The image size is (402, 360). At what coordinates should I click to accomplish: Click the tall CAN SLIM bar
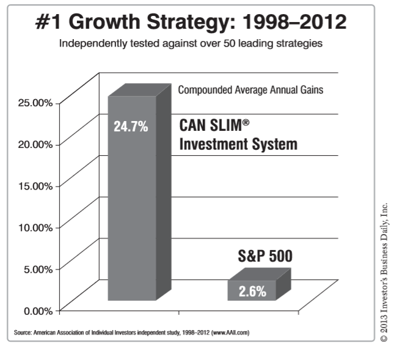pyautogui.click(x=132, y=208)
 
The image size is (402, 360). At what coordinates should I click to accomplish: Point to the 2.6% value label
pyautogui.click(x=252, y=291)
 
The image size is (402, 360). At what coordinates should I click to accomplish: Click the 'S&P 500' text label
pyautogui.click(x=265, y=256)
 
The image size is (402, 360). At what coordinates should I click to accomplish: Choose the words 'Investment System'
pyautogui.click(x=238, y=144)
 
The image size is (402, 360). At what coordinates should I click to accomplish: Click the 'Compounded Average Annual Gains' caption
pyautogui.click(x=250, y=90)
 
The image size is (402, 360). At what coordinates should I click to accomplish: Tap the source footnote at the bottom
pyautogui.click(x=131, y=332)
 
